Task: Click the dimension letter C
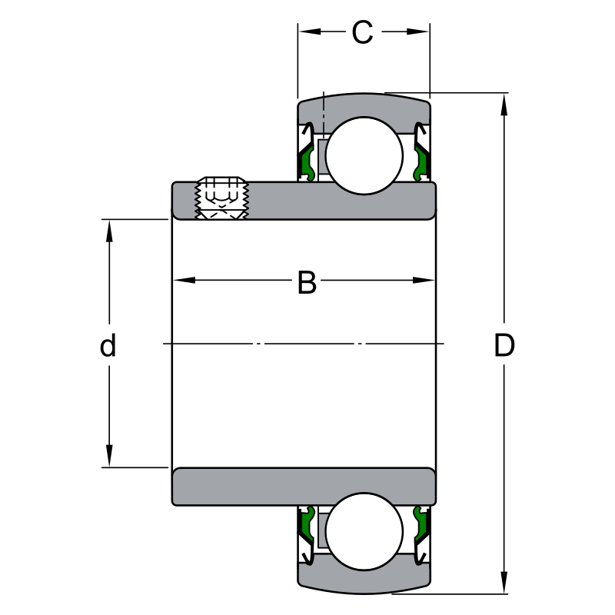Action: tap(362, 32)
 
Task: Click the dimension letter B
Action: tap(307, 283)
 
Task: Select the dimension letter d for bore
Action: tap(108, 346)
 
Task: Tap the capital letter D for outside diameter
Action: tap(504, 346)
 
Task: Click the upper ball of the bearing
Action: tap(364, 155)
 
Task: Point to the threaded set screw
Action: tap(221, 198)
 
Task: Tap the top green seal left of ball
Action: tap(306, 162)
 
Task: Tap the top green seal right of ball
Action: tap(421, 162)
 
